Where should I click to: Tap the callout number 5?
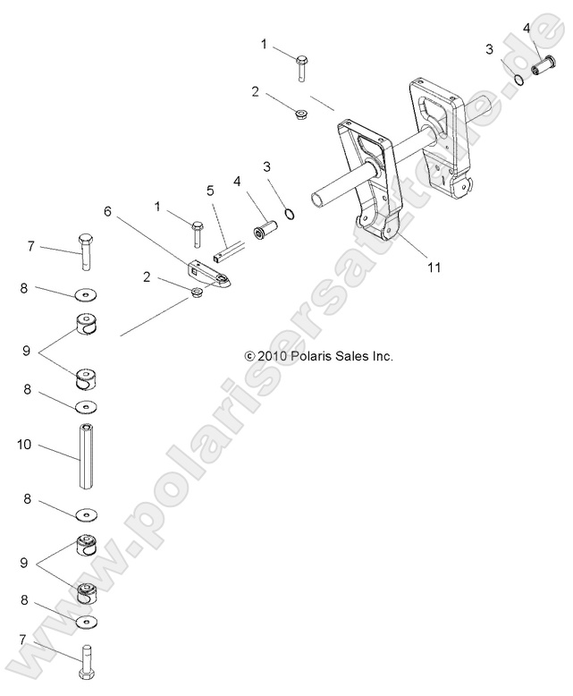[x=210, y=191]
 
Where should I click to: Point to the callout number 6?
[x=109, y=211]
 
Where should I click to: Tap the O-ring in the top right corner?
[x=518, y=81]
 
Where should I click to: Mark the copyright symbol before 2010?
[x=249, y=356]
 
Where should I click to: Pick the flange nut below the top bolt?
[x=304, y=114]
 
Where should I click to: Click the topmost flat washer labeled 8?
[x=87, y=293]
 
